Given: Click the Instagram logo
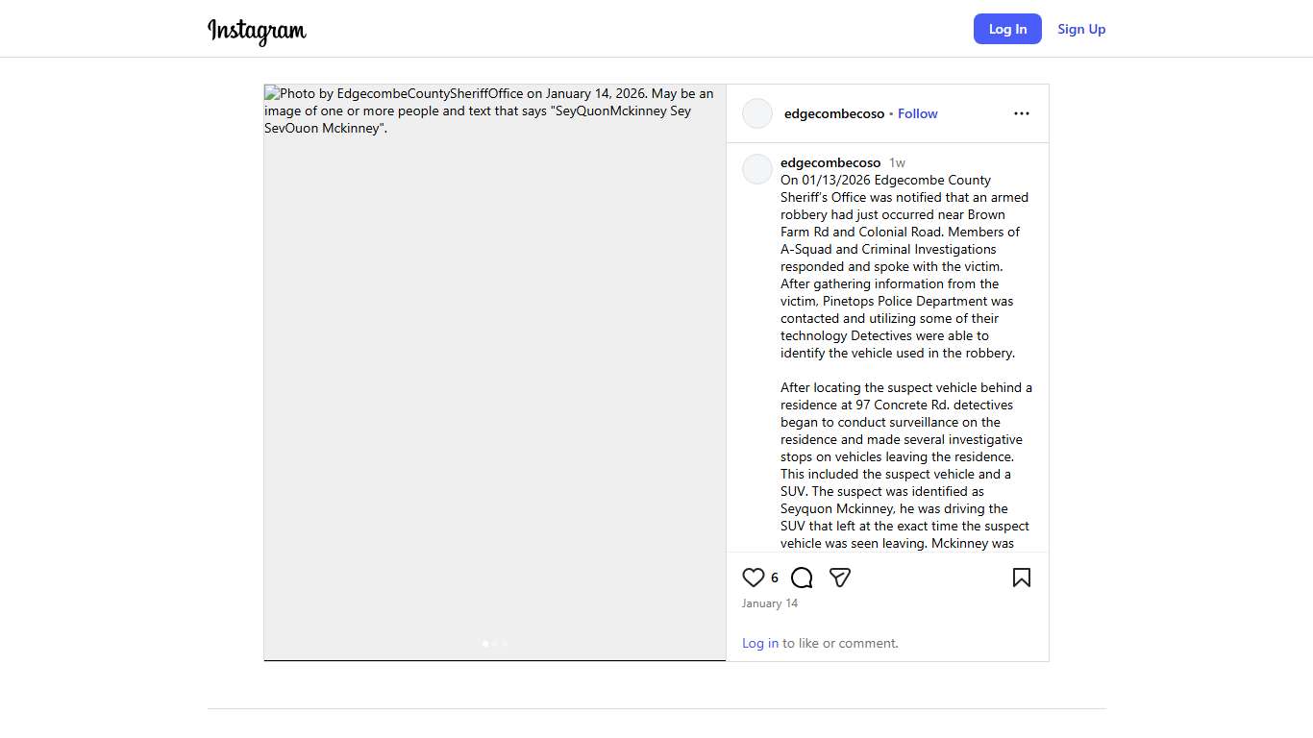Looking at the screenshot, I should [x=257, y=31].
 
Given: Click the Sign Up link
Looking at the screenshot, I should [x=1081, y=29].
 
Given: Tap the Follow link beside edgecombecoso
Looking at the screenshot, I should [x=917, y=113].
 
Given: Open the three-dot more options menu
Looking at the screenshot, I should [x=1021, y=113].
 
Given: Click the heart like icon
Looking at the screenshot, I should [x=754, y=578].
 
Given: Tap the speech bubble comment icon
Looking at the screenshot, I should [x=802, y=578].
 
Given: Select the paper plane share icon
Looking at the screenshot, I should [x=840, y=578].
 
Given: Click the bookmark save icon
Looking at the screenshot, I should [x=1021, y=578].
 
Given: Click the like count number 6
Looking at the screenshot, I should [x=775, y=578].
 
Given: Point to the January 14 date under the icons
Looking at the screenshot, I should [x=770, y=603].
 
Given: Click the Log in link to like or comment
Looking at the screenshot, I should [x=760, y=643].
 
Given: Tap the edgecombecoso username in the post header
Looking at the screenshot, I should [x=834, y=113].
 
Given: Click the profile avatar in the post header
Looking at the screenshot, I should [x=757, y=113].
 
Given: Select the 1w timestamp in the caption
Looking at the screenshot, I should [x=897, y=162].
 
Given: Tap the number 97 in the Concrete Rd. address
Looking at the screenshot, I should [x=863, y=405].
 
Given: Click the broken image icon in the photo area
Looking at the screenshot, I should [x=272, y=94].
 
